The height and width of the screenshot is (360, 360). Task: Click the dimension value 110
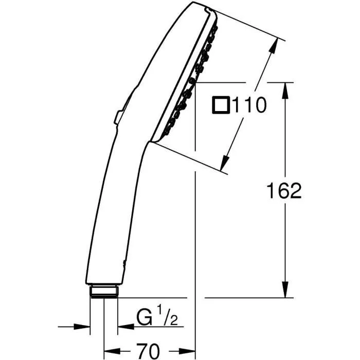[249, 106]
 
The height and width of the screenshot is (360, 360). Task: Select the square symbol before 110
[221, 106]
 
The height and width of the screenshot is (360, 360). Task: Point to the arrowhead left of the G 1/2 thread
[84, 326]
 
